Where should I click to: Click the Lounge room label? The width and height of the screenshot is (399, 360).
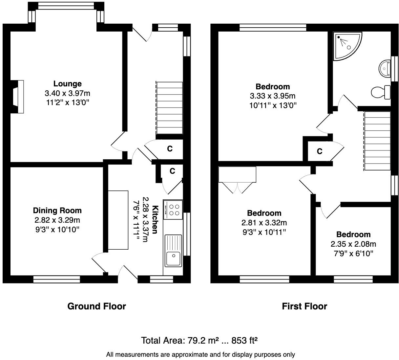tap(67, 84)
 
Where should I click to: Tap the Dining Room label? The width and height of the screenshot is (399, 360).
tap(57, 211)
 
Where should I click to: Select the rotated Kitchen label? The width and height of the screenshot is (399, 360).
tap(155, 219)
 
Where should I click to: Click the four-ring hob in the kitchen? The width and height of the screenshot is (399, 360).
tap(173, 210)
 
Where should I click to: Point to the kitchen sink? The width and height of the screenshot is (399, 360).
tap(173, 251)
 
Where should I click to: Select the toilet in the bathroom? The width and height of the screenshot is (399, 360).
tap(381, 92)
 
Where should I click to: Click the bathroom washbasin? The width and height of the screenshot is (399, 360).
tap(385, 68)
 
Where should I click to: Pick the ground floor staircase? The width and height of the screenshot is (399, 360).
tap(169, 108)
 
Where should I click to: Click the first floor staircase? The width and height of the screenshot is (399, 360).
tap(377, 141)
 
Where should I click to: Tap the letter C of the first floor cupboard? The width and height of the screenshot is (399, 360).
tap(320, 151)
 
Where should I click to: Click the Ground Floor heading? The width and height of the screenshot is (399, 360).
tap(97, 306)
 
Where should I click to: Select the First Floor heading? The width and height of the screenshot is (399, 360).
tap(304, 306)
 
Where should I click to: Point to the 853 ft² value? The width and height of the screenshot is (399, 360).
tap(244, 340)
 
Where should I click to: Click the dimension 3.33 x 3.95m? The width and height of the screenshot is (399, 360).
tap(273, 96)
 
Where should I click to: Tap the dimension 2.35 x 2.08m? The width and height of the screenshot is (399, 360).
tap(353, 244)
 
